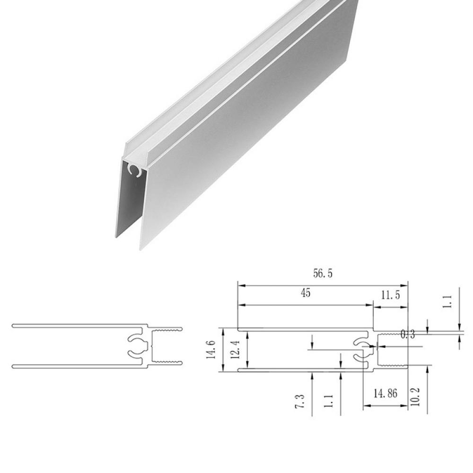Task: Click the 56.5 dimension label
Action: pos(323,273)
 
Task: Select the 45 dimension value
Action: pos(305,293)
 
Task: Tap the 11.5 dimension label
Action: pos(390,295)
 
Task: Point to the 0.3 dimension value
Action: pos(408,334)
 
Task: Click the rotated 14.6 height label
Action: pos(211,350)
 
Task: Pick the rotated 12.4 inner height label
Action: pos(236,350)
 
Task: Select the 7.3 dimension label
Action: pos(300,401)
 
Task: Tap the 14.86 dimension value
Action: pos(385,394)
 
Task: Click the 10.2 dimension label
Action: pos(415,397)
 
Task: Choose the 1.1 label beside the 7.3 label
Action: pos(328,401)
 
